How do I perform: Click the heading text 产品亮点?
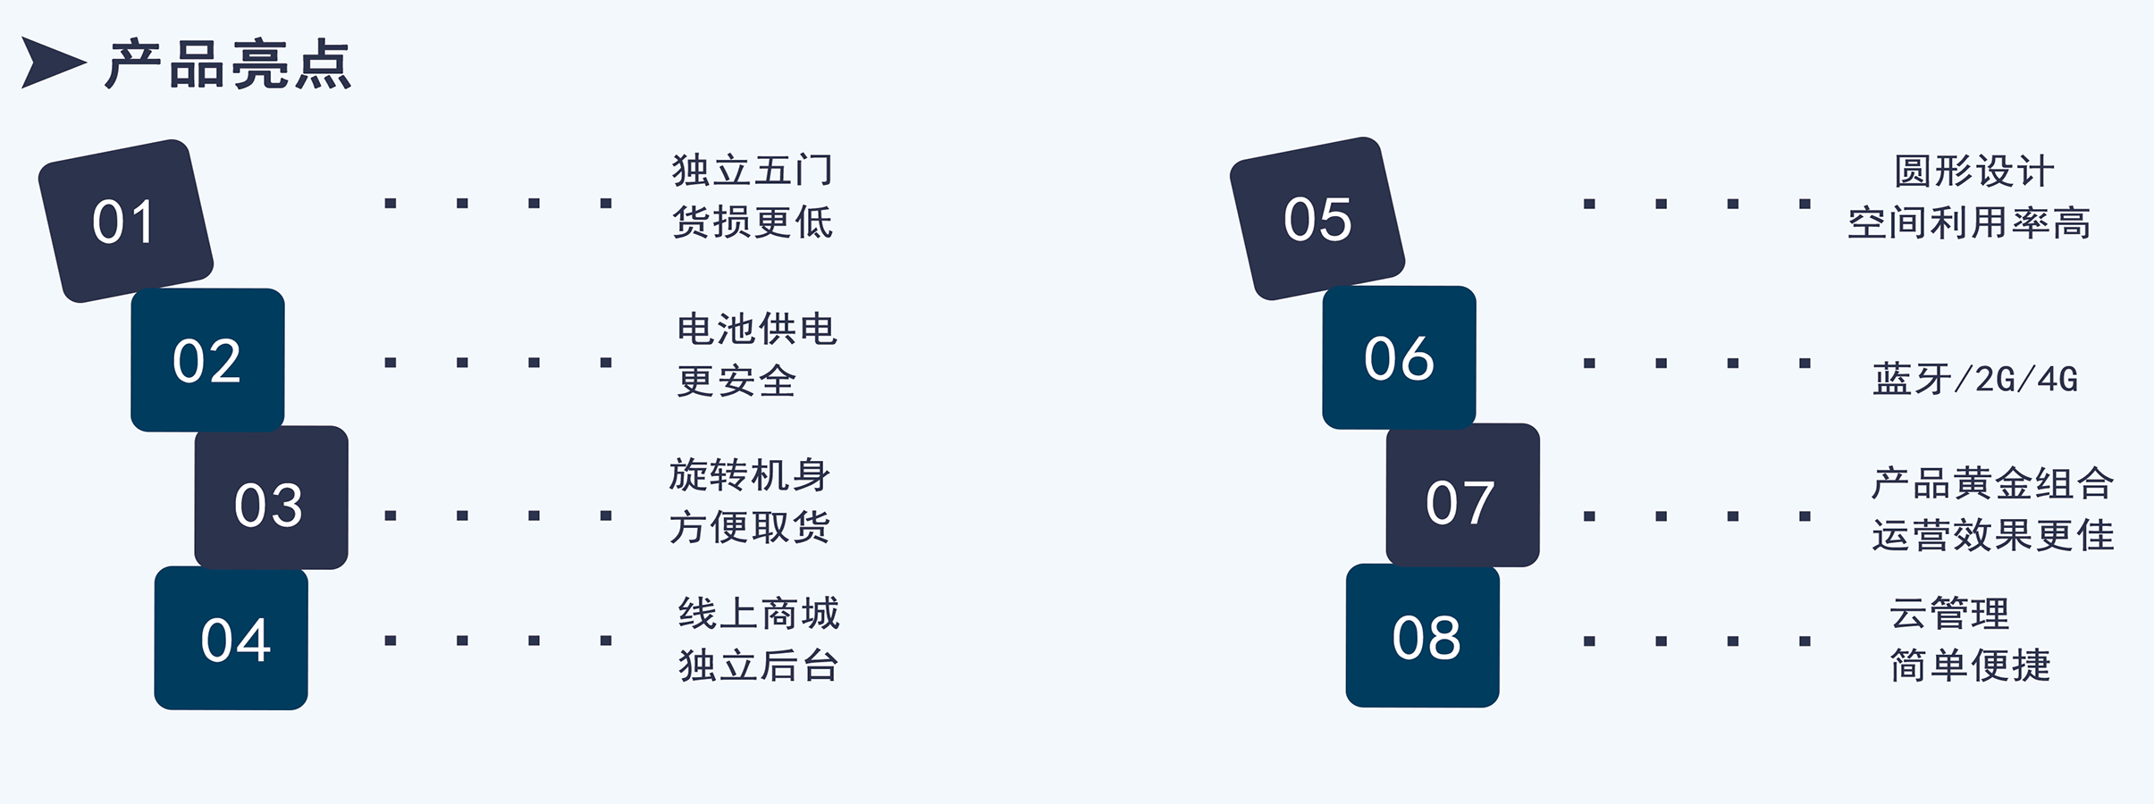click(x=229, y=64)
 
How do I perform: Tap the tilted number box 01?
click(x=126, y=221)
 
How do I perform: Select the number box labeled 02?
click(x=207, y=360)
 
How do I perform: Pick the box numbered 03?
click(x=271, y=498)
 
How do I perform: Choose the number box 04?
click(x=231, y=638)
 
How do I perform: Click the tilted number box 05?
click(x=1317, y=219)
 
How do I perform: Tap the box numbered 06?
click(x=1400, y=357)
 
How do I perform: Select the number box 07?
click(x=1463, y=495)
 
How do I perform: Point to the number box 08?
click(x=1423, y=635)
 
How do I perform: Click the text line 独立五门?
click(x=753, y=171)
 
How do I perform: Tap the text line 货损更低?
click(x=753, y=222)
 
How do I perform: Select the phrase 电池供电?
click(x=757, y=330)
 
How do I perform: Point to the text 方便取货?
click(x=750, y=527)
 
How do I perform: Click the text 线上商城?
click(x=759, y=614)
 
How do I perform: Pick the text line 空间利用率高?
click(x=1970, y=222)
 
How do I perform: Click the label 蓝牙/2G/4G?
click(x=1975, y=380)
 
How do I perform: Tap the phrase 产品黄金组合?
click(x=1993, y=483)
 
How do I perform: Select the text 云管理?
click(x=1949, y=614)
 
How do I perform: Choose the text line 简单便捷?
click(x=1970, y=666)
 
